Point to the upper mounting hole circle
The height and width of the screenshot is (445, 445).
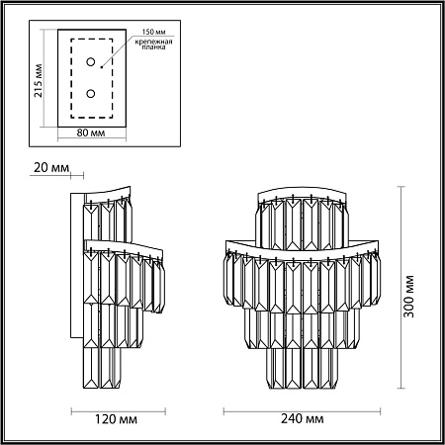click(92, 62)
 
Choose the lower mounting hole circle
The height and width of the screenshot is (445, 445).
click(92, 94)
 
